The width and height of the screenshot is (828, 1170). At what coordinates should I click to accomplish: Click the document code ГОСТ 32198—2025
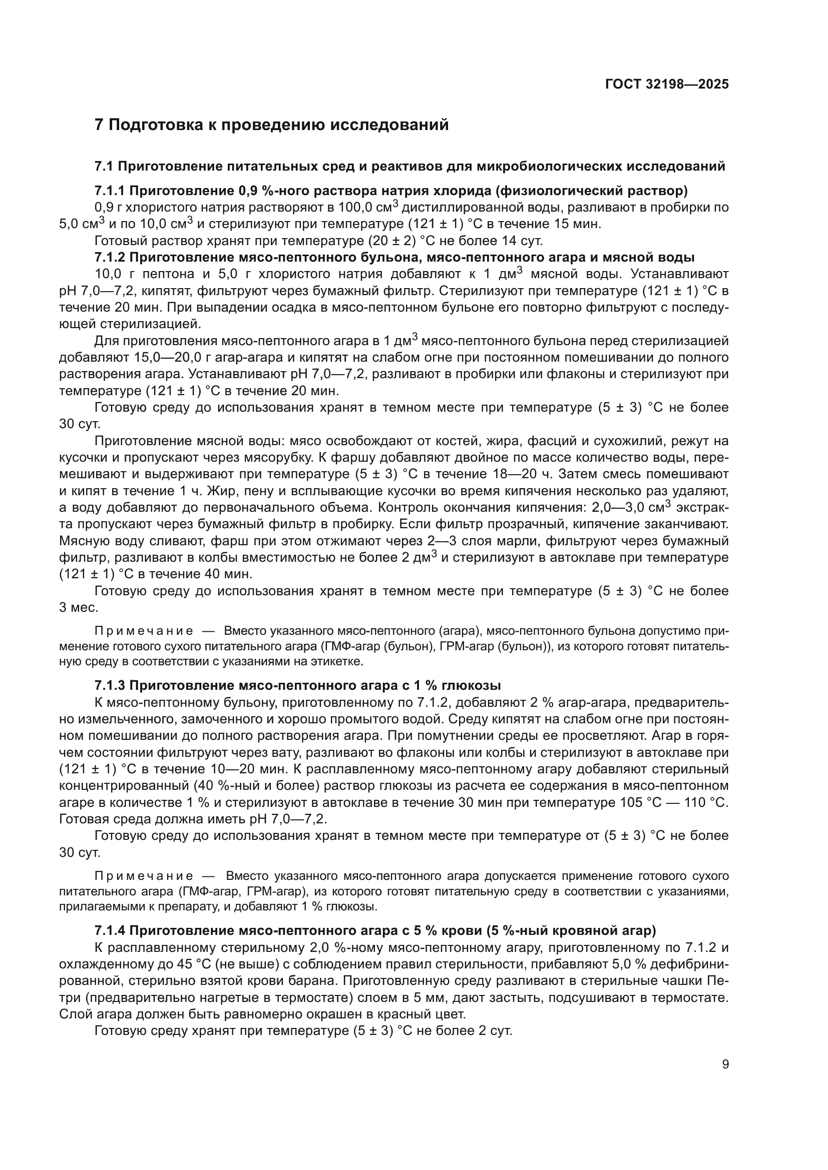[667, 84]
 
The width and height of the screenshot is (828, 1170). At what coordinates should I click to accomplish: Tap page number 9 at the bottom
[725, 1064]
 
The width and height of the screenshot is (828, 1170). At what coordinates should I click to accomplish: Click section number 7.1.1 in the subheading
[110, 191]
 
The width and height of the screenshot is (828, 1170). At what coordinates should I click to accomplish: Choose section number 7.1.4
[110, 930]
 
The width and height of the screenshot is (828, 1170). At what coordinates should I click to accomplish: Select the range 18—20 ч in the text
[523, 474]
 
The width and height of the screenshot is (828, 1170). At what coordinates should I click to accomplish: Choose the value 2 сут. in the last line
[495, 1031]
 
